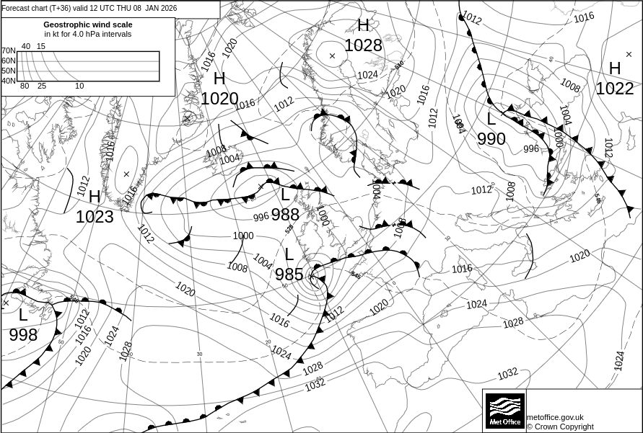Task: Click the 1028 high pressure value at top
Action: (362, 45)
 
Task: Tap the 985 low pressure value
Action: (289, 274)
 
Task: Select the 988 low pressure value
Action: (285, 214)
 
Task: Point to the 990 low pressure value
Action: (491, 139)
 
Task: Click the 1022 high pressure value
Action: (614, 89)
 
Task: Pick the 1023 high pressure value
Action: (95, 217)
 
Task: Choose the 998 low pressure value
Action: (23, 335)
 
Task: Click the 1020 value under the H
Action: (219, 99)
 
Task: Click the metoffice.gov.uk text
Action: (555, 417)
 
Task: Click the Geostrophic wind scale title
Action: (87, 24)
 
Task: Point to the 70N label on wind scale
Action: (8, 51)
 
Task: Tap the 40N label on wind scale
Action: (8, 81)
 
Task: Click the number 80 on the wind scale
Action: (25, 86)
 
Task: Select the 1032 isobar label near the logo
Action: (507, 373)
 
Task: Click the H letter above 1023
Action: (95, 197)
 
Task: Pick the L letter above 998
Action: (23, 315)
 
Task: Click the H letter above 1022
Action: (615, 68)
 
